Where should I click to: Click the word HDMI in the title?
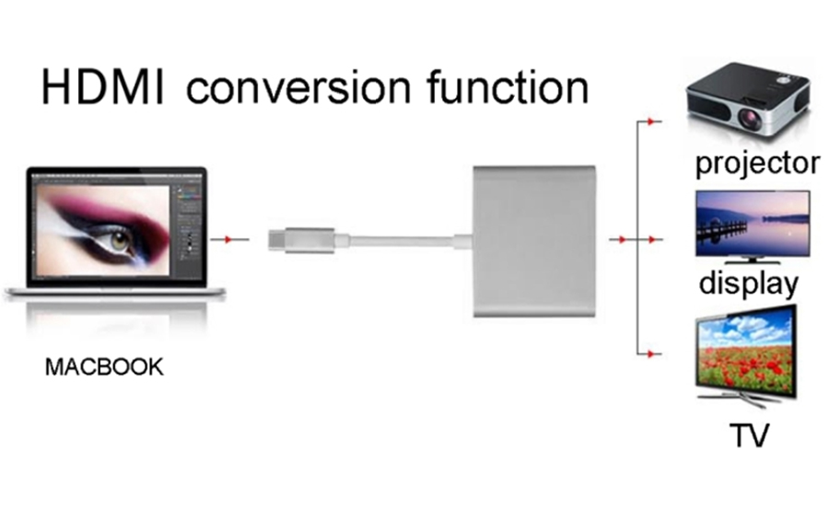[x=103, y=87]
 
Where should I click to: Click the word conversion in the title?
[x=298, y=87]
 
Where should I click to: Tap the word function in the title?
[x=508, y=86]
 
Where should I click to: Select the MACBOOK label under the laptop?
[x=104, y=367]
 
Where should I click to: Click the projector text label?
[x=757, y=165]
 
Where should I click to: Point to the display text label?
[x=748, y=284]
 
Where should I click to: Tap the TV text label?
[x=749, y=435]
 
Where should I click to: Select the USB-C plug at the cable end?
[x=301, y=240]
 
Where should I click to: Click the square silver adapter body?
[x=534, y=241]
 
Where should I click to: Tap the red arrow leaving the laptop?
[x=229, y=240]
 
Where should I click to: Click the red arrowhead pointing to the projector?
[x=652, y=122]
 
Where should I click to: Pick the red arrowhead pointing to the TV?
[x=652, y=354]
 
